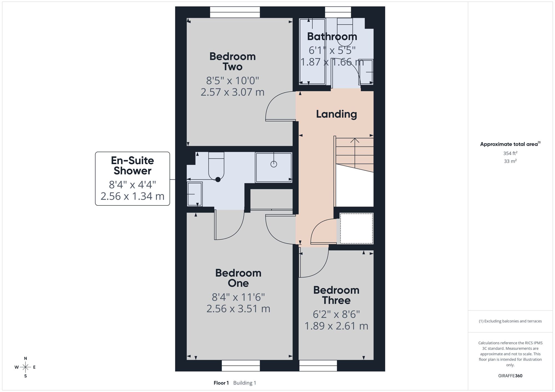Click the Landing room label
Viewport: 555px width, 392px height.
[336, 114]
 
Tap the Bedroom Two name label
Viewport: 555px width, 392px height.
[233, 62]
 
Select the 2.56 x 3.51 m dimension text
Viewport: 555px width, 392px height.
[238, 309]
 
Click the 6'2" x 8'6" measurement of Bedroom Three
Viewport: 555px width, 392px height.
[336, 314]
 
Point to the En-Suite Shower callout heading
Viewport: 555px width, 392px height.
[132, 166]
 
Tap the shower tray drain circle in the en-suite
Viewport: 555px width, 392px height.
[274, 164]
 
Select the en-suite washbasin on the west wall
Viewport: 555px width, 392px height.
[195, 194]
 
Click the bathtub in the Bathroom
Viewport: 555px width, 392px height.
[312, 52]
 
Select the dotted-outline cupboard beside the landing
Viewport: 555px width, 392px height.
[356, 228]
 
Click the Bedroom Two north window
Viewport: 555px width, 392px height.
[235, 12]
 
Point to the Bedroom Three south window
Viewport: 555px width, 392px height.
[318, 365]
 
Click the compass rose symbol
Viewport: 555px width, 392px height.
[25, 367]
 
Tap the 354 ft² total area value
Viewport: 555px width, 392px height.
[510, 153]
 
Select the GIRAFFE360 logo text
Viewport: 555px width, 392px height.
[510, 376]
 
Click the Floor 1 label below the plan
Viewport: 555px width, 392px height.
[221, 383]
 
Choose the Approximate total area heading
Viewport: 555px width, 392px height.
[510, 144]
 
